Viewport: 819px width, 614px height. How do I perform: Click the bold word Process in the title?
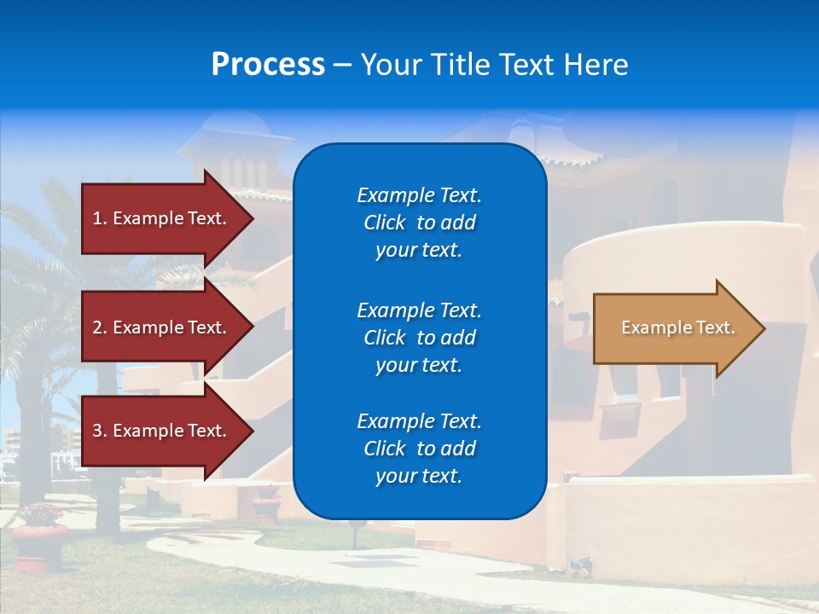268,65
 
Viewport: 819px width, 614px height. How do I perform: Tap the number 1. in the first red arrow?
100,218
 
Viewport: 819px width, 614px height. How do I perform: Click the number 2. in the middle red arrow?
100,327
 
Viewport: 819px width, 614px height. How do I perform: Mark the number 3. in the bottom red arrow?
100,431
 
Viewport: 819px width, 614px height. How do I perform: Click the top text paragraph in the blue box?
419,223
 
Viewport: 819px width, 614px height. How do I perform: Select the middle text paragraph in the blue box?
419,338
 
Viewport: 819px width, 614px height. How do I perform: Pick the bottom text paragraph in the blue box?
419,449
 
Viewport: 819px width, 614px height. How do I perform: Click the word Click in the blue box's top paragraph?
385,223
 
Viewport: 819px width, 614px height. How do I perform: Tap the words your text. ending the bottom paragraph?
419,477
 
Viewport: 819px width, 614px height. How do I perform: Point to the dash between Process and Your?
342,65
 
